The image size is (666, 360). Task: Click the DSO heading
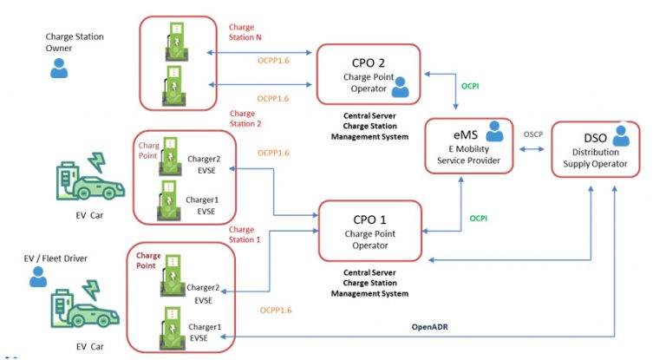pyautogui.click(x=587, y=137)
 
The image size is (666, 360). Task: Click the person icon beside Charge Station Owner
pyautogui.click(x=59, y=69)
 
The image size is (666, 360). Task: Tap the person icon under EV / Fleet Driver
pyautogui.click(x=37, y=276)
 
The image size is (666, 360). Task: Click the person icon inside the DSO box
pyautogui.click(x=621, y=136)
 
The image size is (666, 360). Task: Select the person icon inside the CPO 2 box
pyautogui.click(x=400, y=87)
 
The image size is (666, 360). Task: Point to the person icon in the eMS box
pyautogui.click(x=493, y=131)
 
